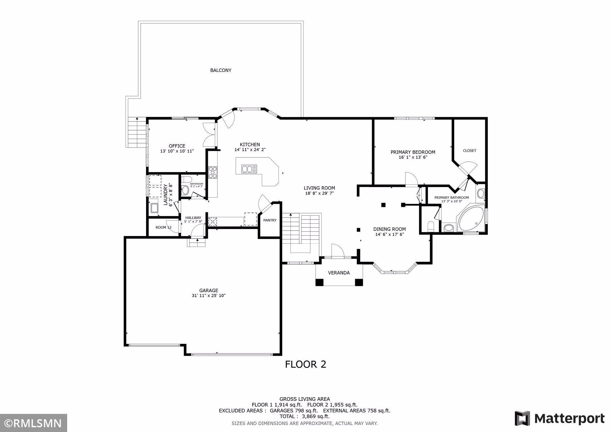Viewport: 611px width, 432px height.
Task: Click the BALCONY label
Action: click(x=221, y=70)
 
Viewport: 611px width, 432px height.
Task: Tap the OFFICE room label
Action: click(x=177, y=146)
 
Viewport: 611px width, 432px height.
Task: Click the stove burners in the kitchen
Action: click(x=212, y=172)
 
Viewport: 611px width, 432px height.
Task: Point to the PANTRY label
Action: click(x=270, y=220)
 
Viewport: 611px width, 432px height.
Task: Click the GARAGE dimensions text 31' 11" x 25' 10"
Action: click(x=209, y=296)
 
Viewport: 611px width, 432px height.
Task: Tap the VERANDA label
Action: click(x=339, y=273)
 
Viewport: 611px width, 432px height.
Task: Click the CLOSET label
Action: click(x=470, y=151)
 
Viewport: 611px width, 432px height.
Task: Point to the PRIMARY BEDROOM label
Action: click(x=413, y=152)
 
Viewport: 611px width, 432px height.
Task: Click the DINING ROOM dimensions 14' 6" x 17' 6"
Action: click(x=390, y=234)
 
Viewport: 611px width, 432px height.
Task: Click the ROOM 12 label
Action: click(x=164, y=227)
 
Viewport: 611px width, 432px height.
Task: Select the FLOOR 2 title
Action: click(x=305, y=364)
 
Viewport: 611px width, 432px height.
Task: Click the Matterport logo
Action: click(x=560, y=418)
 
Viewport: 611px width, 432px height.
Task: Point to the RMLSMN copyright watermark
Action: click(x=33, y=423)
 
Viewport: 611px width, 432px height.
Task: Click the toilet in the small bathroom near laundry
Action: click(x=186, y=190)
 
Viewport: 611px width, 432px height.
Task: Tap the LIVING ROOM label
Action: click(x=319, y=188)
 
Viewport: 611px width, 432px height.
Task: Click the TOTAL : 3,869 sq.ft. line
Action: click(x=305, y=416)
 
